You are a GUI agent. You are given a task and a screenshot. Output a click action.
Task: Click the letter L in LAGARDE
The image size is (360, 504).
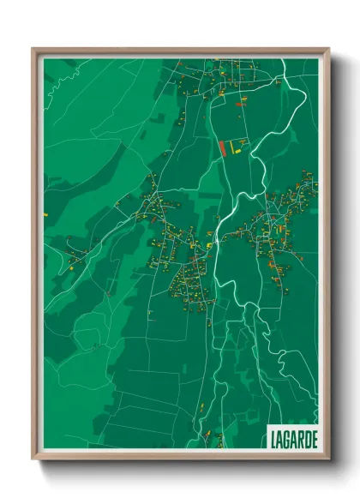(273, 438)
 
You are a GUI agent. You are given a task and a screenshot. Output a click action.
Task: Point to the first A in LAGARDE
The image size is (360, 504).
(279, 438)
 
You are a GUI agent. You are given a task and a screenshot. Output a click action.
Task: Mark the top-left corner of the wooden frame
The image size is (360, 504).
(33, 49)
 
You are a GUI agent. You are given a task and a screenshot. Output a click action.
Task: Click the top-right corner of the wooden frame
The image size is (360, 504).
(328, 49)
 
